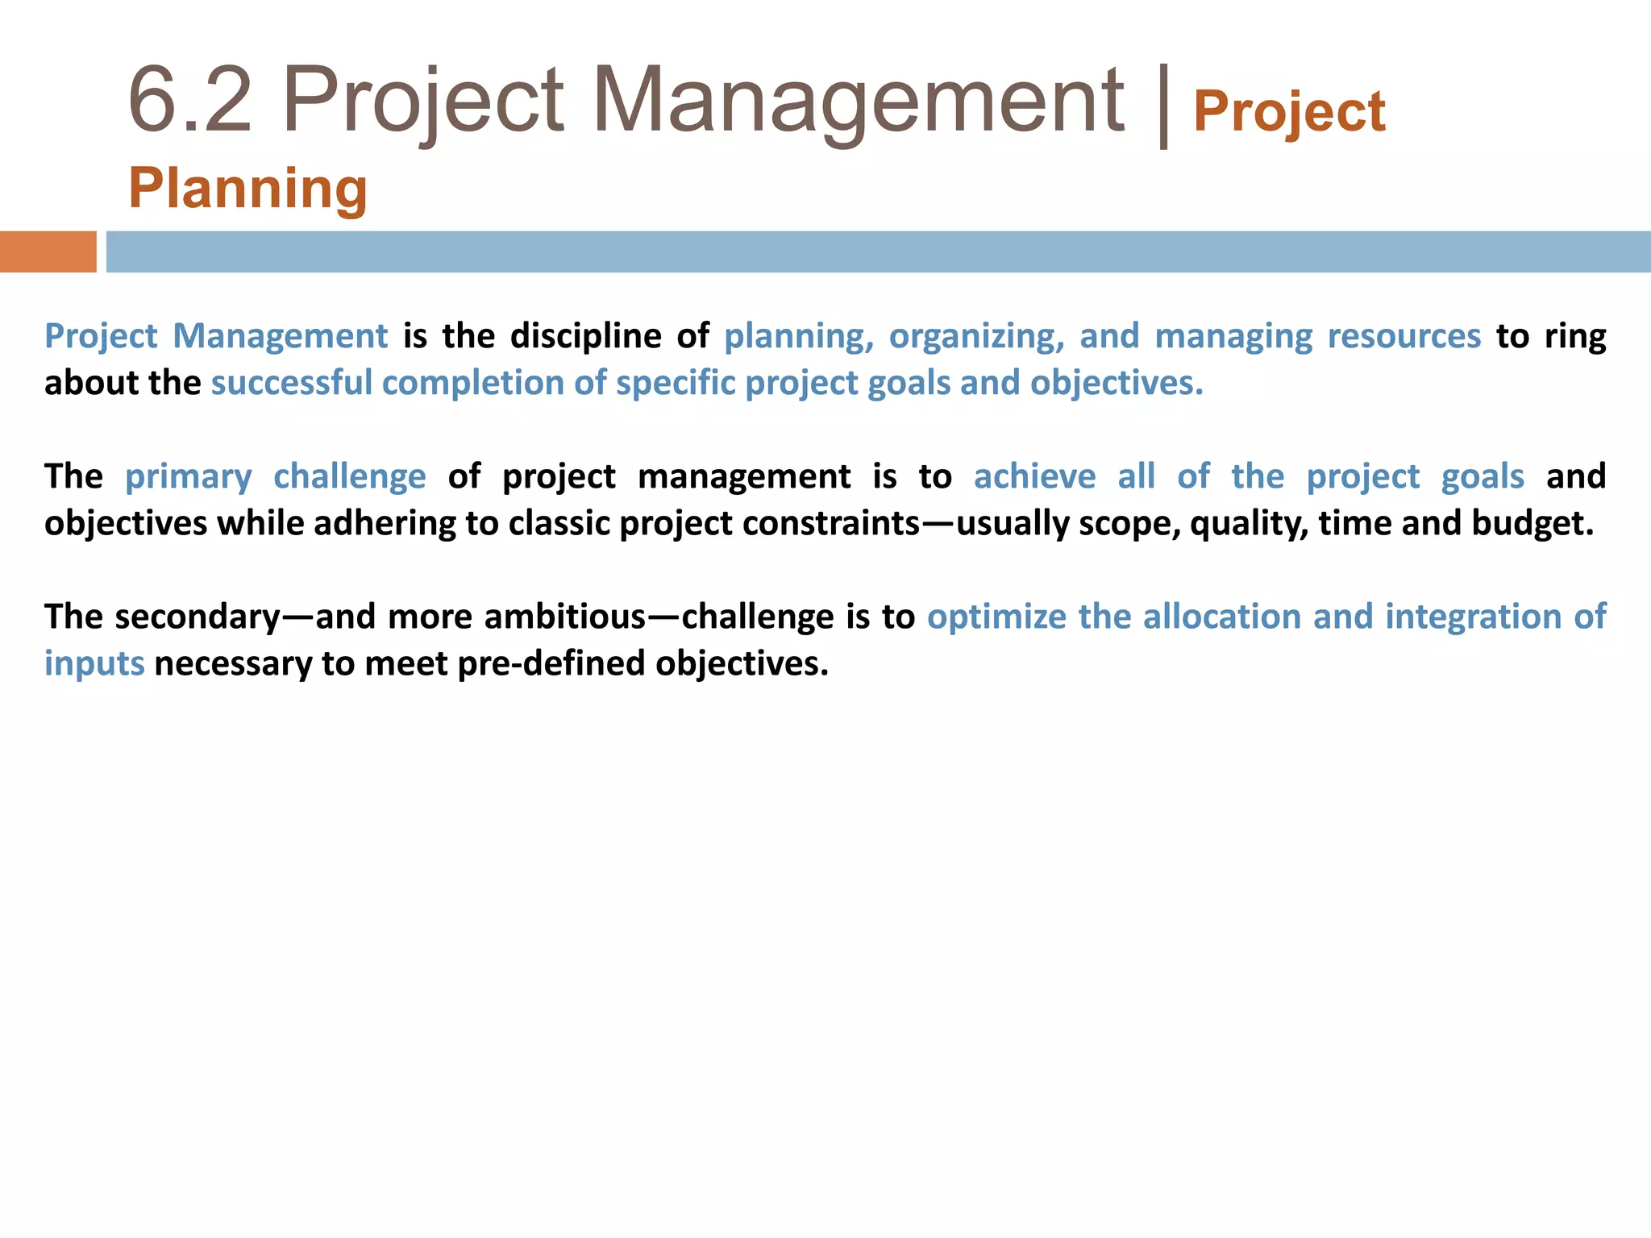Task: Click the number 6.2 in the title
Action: coord(190,101)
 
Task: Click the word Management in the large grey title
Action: coord(858,101)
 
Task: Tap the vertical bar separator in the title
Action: coord(1162,105)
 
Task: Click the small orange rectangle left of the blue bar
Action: coord(48,251)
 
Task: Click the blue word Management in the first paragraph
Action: coord(280,336)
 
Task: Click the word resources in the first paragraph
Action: coord(1404,336)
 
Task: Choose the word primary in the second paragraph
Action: coord(188,476)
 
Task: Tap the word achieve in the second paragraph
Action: coord(1034,476)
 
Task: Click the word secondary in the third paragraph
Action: coord(198,617)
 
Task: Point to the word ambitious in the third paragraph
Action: coord(565,617)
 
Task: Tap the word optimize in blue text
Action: coord(996,617)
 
